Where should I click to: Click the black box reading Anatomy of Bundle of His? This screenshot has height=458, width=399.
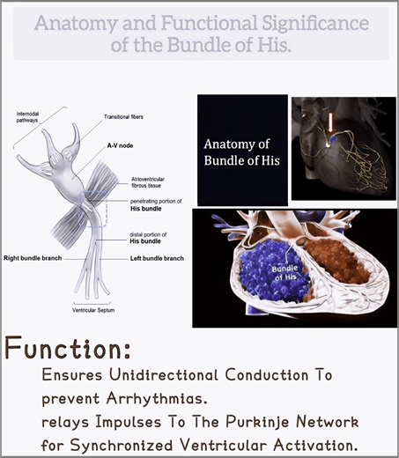[241, 148]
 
